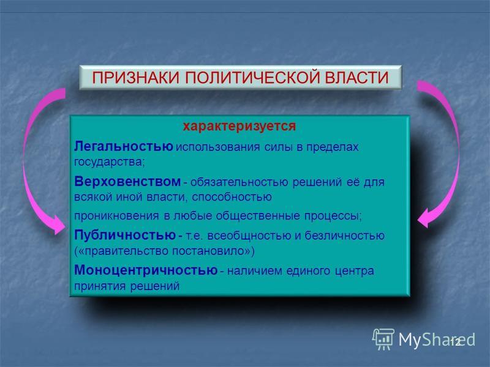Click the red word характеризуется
click(239, 126)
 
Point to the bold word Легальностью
click(124, 146)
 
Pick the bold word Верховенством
click(127, 181)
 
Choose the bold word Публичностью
click(125, 235)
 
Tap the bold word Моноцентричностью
click(146, 270)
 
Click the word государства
click(109, 162)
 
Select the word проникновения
click(116, 216)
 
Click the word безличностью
click(345, 235)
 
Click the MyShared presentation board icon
click(383, 339)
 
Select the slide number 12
click(456, 342)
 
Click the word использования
click(217, 147)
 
